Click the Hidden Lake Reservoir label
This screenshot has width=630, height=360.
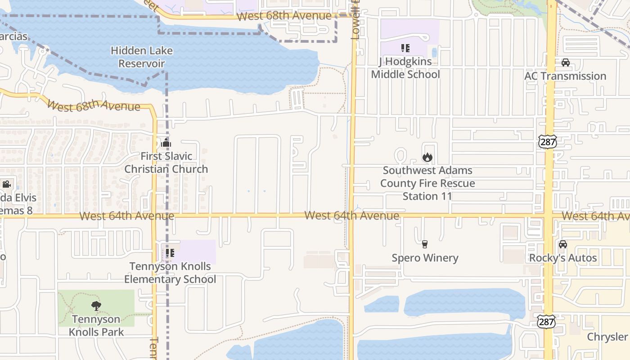142,57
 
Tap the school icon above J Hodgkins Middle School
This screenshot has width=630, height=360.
405,48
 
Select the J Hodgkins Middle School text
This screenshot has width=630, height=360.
405,67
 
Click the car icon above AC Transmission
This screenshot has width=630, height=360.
566,63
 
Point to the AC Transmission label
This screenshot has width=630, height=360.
565,76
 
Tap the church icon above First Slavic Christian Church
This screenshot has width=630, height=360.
166,143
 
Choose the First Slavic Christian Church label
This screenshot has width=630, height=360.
166,162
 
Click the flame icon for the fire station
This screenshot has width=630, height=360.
427,157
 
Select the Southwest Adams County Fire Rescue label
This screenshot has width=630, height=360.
427,183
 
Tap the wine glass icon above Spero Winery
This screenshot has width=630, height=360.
424,244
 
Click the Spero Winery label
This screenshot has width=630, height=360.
425,258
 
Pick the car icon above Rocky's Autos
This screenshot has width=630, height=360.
562,244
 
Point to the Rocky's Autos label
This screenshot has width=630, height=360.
562,258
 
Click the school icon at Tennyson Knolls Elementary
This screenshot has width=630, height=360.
170,253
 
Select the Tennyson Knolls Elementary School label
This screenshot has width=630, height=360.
170,273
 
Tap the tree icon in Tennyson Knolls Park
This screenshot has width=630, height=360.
96,306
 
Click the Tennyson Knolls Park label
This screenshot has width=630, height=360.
96,326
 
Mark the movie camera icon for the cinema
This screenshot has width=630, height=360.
6,184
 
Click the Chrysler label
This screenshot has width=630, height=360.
607,337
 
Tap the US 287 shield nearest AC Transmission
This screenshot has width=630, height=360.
547,142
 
